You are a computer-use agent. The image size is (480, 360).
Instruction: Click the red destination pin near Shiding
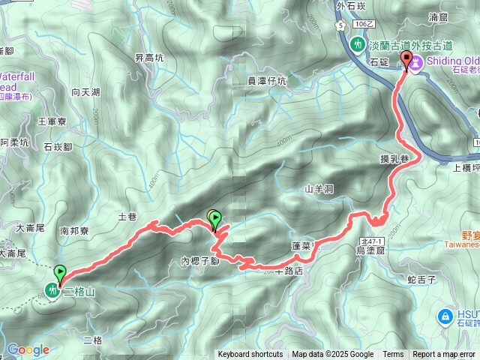[407, 60]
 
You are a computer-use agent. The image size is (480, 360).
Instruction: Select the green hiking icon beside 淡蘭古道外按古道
[358, 45]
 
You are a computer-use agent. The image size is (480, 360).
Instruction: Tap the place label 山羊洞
[319, 190]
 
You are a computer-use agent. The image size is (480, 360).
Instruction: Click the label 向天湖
[86, 92]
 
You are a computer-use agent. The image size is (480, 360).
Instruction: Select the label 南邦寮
[74, 232]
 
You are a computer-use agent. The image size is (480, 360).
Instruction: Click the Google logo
[28, 349]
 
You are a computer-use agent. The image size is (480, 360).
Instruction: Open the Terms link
[393, 355]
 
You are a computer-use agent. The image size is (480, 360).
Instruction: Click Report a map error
[444, 355]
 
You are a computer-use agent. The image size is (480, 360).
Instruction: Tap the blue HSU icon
[445, 316]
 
